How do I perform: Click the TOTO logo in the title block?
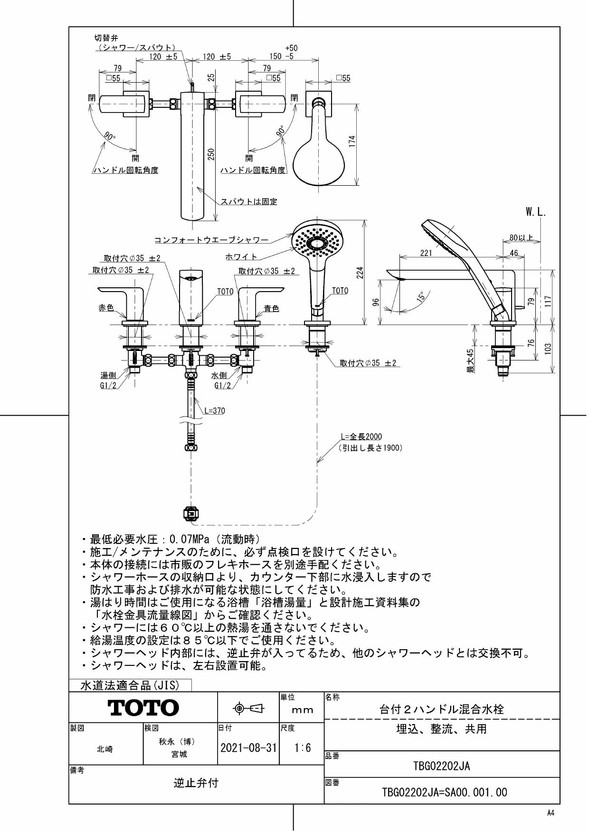coord(143,708)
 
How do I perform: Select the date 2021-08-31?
coord(248,748)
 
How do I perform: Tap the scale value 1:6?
coord(302,748)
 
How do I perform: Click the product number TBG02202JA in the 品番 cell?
coord(442,766)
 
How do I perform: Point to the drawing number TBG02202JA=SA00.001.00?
coord(445,792)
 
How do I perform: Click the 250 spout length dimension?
coord(212,154)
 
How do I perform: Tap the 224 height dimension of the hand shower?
coord(360,272)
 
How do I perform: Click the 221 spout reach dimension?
coord(426,253)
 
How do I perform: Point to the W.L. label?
coord(536,213)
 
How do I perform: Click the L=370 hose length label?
coord(215,411)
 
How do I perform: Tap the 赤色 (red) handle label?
coord(106,308)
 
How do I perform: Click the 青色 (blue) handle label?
coord(271,309)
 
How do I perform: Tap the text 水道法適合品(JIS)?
coord(130,685)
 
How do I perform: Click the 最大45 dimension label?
coord(470,361)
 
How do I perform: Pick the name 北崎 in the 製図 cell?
coord(105,749)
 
